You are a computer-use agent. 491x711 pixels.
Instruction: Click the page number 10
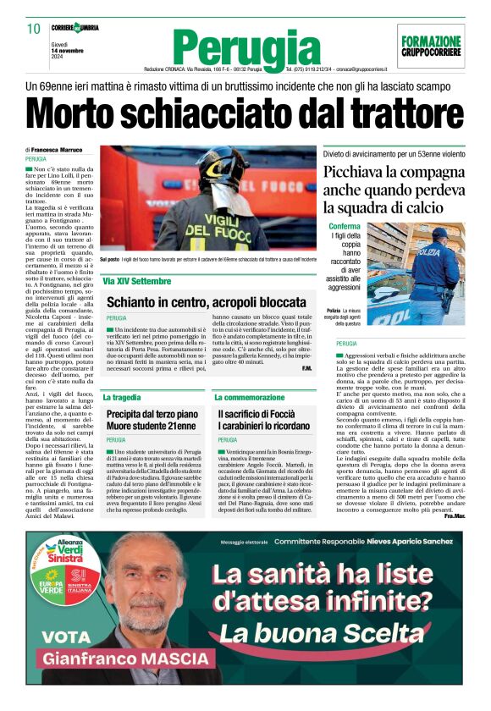pos(34,29)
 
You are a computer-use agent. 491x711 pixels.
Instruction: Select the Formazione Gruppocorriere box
pos(431,46)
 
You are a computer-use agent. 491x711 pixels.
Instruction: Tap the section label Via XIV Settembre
pos(137,281)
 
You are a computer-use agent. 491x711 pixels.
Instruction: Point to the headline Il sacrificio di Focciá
pos(257,414)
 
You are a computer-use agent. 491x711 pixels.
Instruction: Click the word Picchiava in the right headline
pos(352,171)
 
